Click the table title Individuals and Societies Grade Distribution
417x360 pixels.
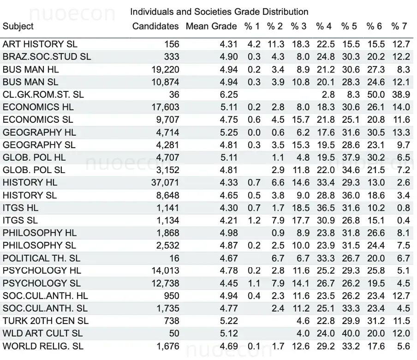click(219, 12)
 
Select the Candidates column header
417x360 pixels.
click(155, 26)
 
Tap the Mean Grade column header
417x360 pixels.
click(211, 26)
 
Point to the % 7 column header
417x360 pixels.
click(399, 26)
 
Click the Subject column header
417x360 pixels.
click(18, 26)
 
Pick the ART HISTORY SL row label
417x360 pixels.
click(40, 44)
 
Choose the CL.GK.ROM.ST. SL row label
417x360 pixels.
click(43, 95)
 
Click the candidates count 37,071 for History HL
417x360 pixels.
click(165, 183)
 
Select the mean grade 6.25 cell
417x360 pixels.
click(228, 95)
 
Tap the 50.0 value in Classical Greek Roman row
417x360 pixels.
click(376, 95)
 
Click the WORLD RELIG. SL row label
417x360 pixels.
click(43, 346)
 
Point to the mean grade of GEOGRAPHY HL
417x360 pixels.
click(228, 132)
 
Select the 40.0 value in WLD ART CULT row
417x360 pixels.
click(351, 333)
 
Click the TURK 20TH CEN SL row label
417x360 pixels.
click(46, 321)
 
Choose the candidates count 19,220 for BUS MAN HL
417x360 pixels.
click(165, 70)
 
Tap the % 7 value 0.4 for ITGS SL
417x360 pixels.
click(404, 220)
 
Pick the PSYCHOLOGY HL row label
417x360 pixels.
click(42, 270)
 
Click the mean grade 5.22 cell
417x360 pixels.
click(228, 321)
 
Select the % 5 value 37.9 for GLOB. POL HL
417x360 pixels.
click(351, 157)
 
